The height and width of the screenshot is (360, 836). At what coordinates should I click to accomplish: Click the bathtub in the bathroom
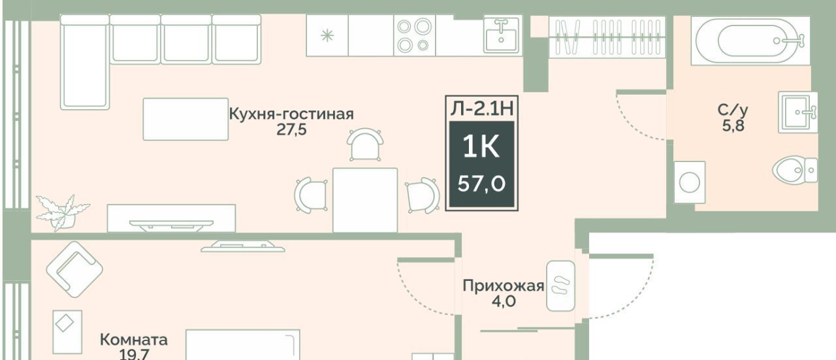[750, 41]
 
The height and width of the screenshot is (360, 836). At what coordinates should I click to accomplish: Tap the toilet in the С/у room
[795, 171]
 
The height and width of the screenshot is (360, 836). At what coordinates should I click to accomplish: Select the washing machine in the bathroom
[690, 182]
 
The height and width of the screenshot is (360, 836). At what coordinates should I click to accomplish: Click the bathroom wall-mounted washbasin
[798, 112]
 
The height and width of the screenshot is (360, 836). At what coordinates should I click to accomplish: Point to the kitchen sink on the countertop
[502, 35]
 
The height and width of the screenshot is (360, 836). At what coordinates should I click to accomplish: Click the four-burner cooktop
[414, 36]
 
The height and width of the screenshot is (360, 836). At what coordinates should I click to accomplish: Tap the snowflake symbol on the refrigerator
[327, 36]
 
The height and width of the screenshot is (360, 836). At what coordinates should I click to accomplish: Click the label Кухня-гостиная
[291, 114]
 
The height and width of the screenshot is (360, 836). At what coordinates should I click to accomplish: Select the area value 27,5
[291, 129]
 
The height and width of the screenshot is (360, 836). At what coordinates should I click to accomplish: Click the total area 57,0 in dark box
[481, 184]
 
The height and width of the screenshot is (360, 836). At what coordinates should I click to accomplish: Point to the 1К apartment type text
[481, 147]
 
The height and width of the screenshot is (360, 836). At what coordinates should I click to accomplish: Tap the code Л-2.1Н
[482, 108]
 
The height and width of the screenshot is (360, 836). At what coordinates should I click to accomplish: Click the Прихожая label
[503, 286]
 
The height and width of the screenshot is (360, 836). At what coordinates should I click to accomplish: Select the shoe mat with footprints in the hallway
[560, 286]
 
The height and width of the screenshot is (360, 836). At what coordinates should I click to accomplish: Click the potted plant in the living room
[61, 212]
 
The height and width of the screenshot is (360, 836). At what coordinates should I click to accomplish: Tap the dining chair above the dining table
[365, 144]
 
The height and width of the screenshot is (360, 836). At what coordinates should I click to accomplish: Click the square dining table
[365, 200]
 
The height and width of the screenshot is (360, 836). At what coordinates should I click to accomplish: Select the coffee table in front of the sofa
[185, 119]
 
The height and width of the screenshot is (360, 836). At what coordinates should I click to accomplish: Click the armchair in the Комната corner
[74, 269]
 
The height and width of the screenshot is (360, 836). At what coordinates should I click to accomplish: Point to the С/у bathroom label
[733, 110]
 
